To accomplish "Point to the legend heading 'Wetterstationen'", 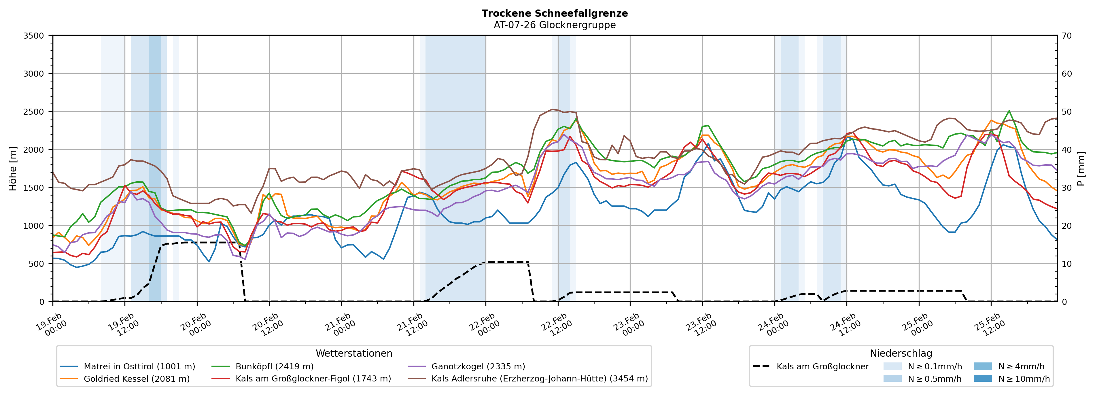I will point(354,353).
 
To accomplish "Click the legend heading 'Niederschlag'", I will point(901,353).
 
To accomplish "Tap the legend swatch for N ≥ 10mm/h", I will point(982,378).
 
